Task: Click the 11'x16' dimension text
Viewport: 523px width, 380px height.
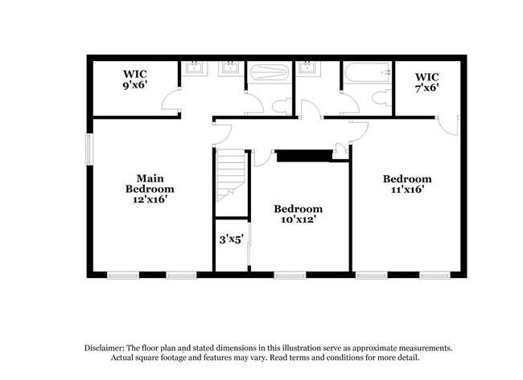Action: (x=406, y=190)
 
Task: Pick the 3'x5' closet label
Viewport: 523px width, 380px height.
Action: (x=232, y=239)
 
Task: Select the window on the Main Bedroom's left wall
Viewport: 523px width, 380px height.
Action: (x=89, y=149)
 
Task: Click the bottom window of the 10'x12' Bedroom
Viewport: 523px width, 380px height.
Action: (x=290, y=276)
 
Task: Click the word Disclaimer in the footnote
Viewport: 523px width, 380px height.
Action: (x=108, y=348)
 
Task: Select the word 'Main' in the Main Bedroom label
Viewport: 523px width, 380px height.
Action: (x=145, y=178)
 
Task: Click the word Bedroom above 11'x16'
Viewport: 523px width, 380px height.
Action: (x=406, y=178)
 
